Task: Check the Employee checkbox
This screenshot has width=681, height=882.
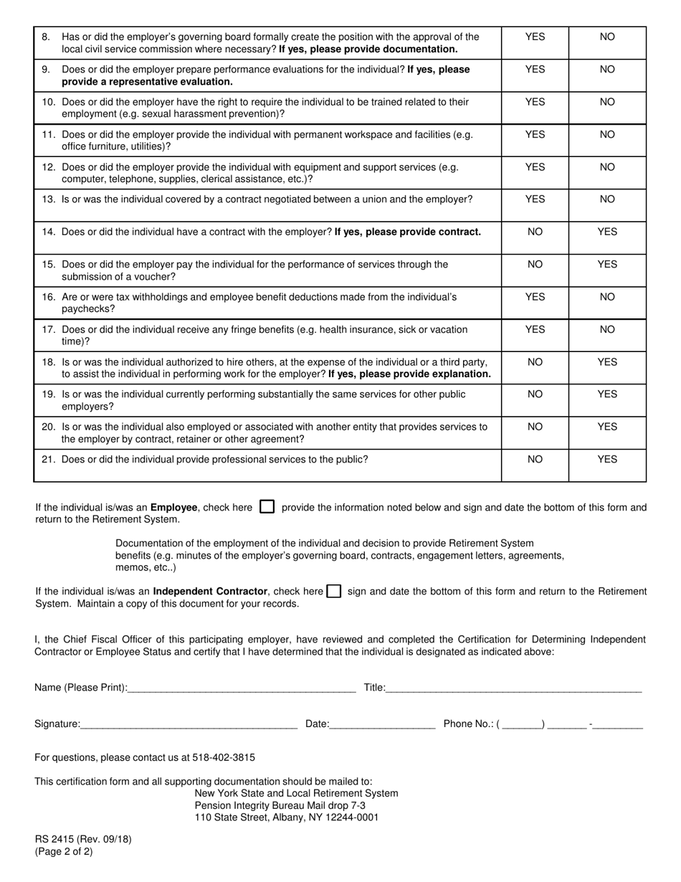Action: [x=267, y=507]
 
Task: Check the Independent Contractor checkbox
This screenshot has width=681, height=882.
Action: [x=333, y=592]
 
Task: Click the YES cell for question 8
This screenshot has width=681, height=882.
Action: [x=535, y=37]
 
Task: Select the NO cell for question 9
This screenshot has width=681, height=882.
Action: [x=607, y=70]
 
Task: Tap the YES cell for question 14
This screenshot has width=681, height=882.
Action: [x=607, y=232]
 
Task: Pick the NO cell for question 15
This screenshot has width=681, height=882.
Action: [x=535, y=264]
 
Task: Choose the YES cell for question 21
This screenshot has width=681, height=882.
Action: [x=607, y=460]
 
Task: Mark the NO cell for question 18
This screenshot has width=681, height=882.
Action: [x=535, y=362]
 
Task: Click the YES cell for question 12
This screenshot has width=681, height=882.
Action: [x=535, y=167]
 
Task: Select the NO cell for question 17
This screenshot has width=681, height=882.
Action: [x=607, y=329]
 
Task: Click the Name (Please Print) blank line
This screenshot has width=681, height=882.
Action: [x=242, y=689]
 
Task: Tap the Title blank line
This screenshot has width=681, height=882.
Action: [x=513, y=689]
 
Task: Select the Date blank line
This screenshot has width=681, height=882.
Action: [x=382, y=725]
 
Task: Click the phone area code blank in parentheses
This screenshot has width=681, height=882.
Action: [x=523, y=725]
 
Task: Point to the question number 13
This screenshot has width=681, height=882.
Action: [x=49, y=199]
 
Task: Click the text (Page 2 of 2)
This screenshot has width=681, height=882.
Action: [x=64, y=852]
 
